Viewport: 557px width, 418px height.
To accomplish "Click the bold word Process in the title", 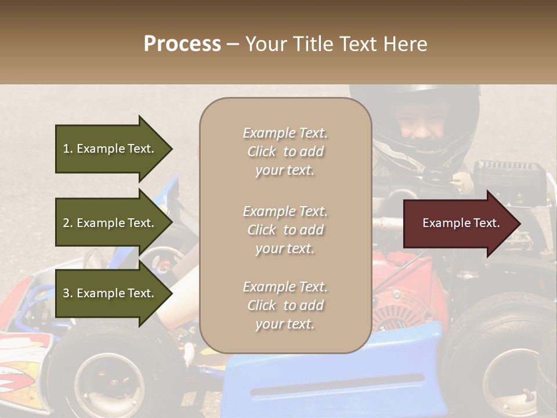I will click(x=182, y=44).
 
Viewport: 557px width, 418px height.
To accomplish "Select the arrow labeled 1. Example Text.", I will click(x=110, y=149).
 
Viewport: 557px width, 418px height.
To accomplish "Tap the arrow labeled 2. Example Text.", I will click(x=110, y=223).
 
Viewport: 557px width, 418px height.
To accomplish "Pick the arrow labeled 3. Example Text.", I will click(x=110, y=293).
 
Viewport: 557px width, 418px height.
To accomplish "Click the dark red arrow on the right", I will click(x=458, y=224).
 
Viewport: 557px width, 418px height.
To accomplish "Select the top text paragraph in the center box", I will click(x=285, y=152).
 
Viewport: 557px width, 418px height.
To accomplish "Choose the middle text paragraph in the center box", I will click(x=285, y=230).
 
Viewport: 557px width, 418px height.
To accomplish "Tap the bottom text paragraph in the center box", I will click(x=285, y=305).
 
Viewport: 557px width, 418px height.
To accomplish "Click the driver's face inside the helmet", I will click(x=422, y=124).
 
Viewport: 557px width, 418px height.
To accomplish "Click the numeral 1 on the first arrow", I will click(x=66, y=149).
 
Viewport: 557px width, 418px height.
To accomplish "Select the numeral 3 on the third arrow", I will click(x=66, y=293).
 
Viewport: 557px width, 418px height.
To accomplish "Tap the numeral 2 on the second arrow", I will click(x=66, y=223).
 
